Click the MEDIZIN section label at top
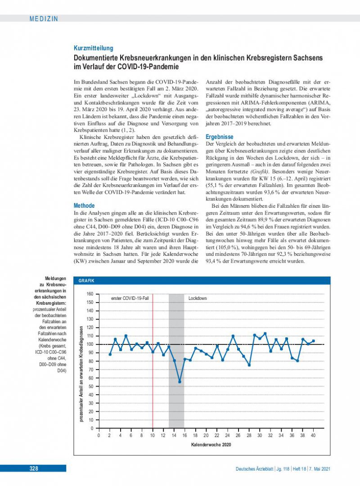tap(44, 18)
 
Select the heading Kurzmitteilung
tap(94, 48)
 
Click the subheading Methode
tap(84, 205)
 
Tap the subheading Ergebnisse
tap(220, 136)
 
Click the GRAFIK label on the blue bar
tap(86, 281)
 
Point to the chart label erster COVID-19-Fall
tap(130, 298)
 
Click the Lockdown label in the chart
tap(198, 298)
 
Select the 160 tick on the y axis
tap(90, 294)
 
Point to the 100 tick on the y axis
tap(90, 344)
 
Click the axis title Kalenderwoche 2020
tap(206, 445)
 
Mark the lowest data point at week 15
tap(180, 382)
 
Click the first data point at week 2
tap(110, 354)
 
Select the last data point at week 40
tap(313, 341)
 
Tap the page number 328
tap(34, 468)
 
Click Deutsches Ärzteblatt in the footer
tap(255, 468)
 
